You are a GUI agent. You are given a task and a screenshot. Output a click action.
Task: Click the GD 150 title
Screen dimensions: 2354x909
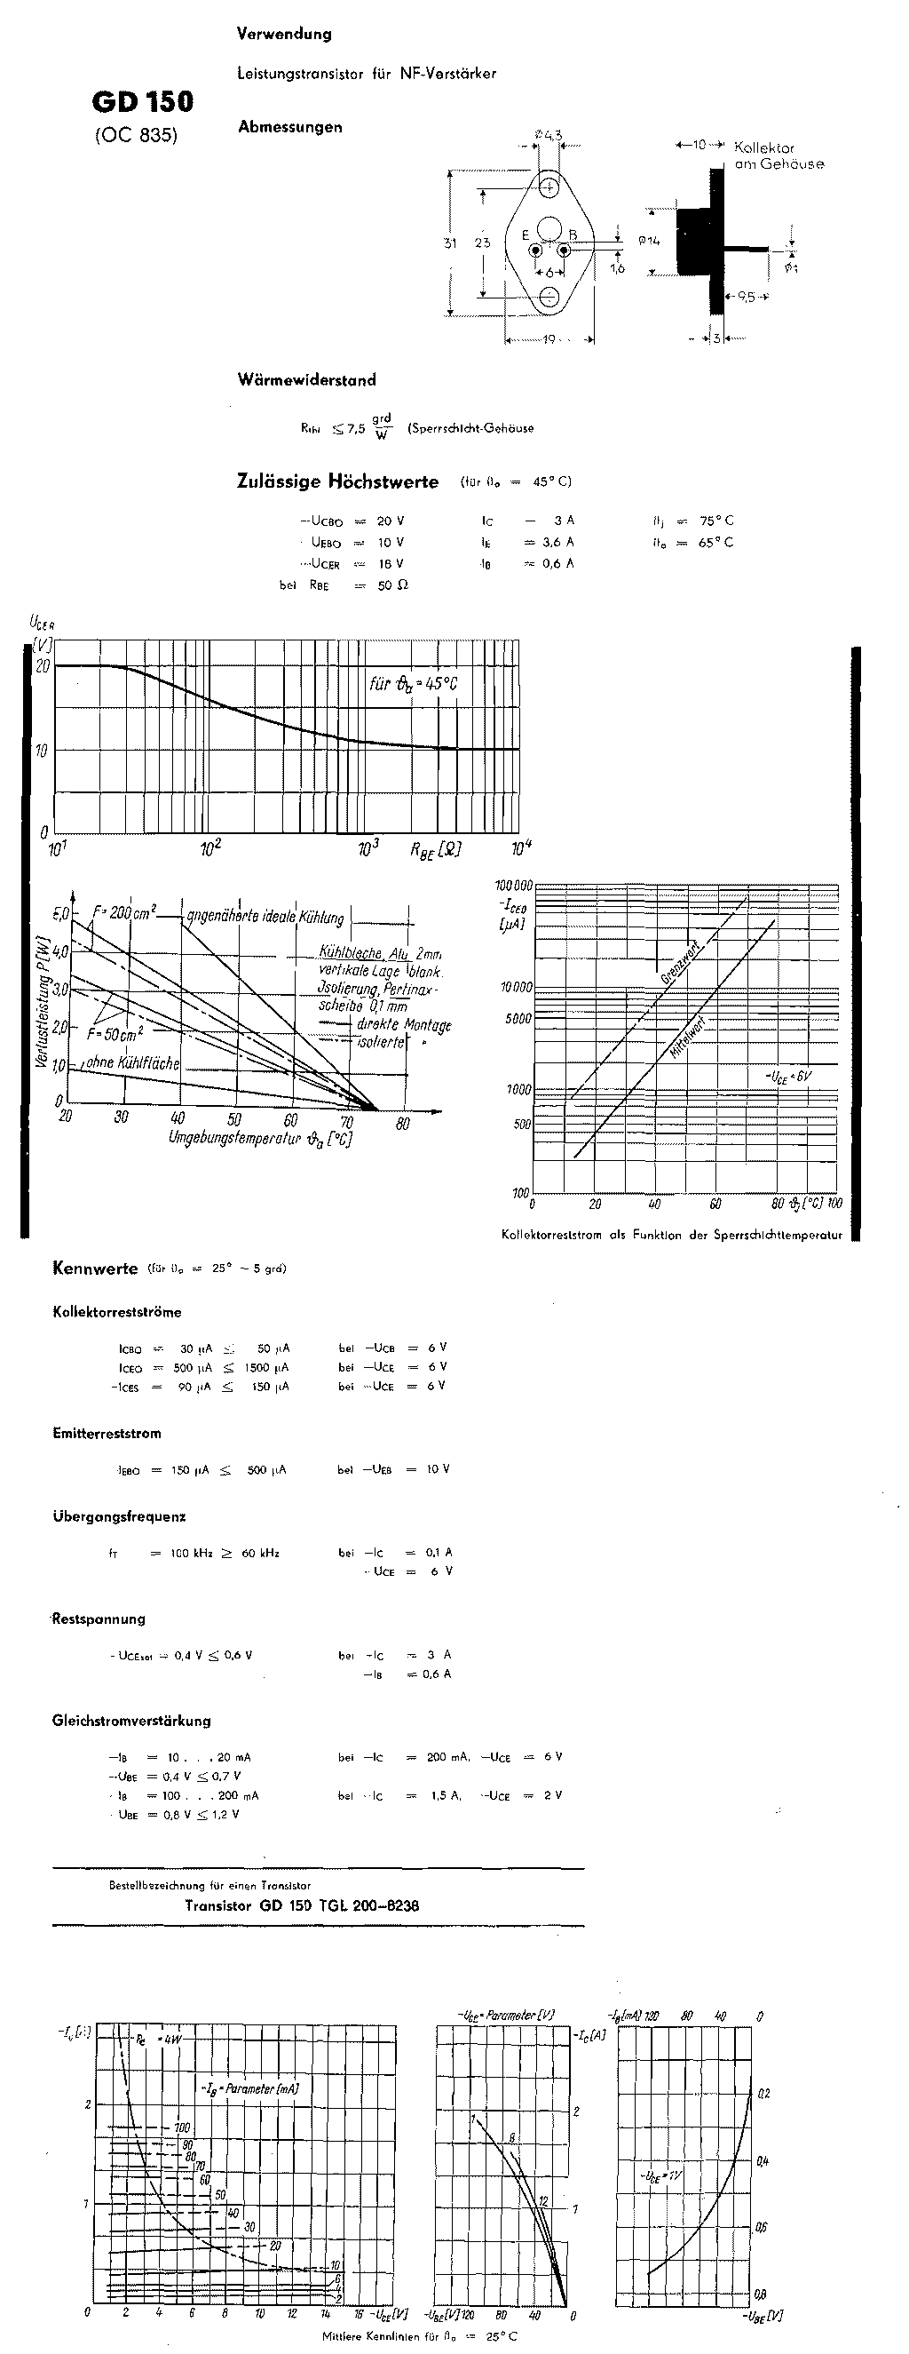[x=143, y=102]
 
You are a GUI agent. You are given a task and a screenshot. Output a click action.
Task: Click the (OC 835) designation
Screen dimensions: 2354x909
[x=136, y=135]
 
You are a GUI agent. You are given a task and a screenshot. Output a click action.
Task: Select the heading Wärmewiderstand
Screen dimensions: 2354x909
[x=306, y=380]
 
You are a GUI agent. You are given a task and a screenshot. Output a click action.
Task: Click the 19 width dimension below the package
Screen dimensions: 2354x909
[x=549, y=340]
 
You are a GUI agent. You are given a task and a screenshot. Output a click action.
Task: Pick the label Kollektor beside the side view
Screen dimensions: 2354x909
[x=763, y=147]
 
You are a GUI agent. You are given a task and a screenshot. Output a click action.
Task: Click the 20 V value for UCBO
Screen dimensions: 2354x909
[x=390, y=521]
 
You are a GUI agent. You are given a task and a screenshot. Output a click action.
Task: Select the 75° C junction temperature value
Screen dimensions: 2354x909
[x=716, y=521]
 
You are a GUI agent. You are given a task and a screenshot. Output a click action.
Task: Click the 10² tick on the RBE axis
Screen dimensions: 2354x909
[x=211, y=849]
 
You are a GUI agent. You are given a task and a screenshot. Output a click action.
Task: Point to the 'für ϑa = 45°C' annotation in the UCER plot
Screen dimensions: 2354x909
[x=413, y=683]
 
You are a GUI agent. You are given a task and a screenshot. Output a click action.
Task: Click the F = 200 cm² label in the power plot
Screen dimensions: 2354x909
[x=124, y=912]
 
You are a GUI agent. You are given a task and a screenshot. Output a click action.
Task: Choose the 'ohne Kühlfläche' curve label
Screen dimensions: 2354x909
[x=132, y=1063]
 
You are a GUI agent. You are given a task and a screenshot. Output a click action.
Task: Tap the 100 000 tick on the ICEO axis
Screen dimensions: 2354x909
[x=513, y=887]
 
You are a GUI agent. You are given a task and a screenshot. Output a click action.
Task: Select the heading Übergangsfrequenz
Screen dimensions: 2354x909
[x=119, y=1517]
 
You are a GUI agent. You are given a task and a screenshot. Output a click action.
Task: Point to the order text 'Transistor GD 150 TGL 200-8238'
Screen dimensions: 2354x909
[x=302, y=1905]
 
